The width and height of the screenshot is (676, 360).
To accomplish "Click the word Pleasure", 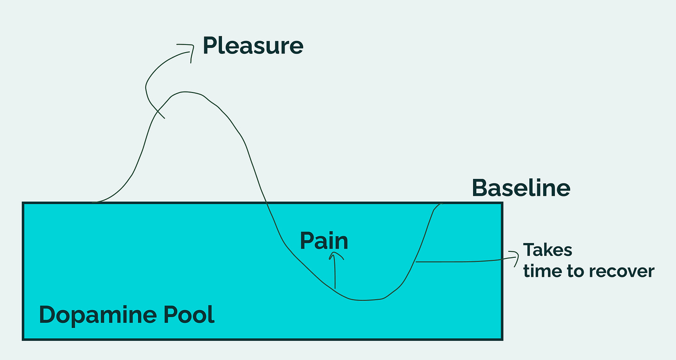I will click(x=253, y=46).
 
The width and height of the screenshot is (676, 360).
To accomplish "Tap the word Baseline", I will click(x=521, y=188).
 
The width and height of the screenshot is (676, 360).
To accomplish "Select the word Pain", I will click(x=324, y=241).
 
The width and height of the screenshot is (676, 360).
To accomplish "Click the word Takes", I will click(x=547, y=250).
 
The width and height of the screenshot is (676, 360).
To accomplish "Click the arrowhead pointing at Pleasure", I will click(x=190, y=47).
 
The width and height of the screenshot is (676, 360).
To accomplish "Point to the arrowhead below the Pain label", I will click(x=335, y=255).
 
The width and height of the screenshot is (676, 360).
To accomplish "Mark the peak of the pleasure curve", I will click(x=186, y=92).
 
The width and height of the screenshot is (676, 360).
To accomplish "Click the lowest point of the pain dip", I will click(x=364, y=301).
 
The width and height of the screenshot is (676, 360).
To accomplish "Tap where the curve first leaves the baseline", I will click(x=93, y=203).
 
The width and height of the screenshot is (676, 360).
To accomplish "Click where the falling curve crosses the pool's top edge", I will click(x=266, y=203).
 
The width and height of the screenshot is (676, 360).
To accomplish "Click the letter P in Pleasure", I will click(x=210, y=46).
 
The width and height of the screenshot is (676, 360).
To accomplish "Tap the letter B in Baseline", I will click(x=479, y=188).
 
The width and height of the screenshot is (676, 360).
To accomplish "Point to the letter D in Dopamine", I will click(x=47, y=314).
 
